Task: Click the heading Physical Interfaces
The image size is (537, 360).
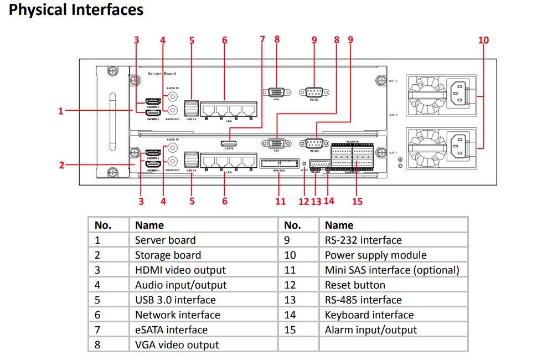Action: (x=76, y=10)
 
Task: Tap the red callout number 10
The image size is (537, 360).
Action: (x=483, y=40)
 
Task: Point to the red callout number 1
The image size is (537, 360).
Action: (x=61, y=111)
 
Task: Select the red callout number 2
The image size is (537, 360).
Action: (x=62, y=164)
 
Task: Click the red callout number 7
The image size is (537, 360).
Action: (x=262, y=40)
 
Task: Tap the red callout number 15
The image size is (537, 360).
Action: (x=357, y=201)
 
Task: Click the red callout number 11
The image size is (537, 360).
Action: (x=281, y=201)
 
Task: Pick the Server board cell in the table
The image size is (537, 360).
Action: (x=166, y=240)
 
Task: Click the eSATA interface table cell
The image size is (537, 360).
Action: (x=171, y=330)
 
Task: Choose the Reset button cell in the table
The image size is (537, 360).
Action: (x=355, y=285)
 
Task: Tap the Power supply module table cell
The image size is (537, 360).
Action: (x=375, y=255)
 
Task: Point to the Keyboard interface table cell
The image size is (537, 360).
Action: (x=369, y=315)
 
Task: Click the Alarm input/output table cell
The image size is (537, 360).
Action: (x=370, y=330)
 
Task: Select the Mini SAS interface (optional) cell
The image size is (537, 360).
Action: (x=392, y=270)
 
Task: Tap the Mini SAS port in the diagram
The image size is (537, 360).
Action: (x=278, y=163)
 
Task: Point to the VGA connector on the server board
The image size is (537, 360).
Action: (x=276, y=92)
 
